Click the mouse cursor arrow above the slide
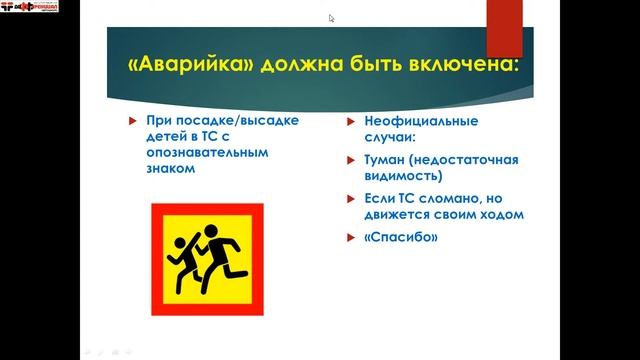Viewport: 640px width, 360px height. [331, 17]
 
